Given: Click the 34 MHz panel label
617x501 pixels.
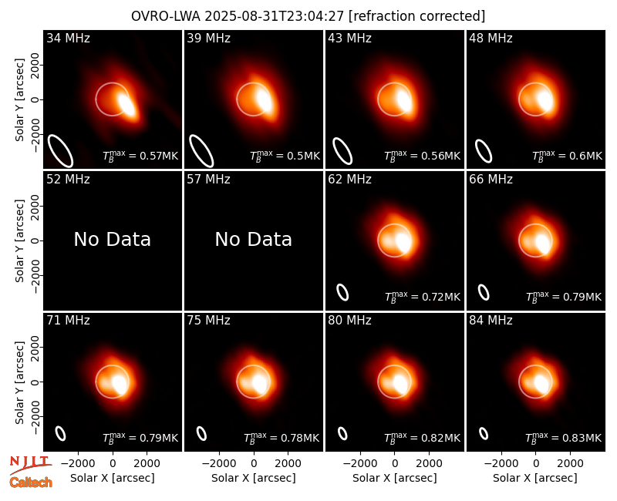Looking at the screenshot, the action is (x=68, y=38).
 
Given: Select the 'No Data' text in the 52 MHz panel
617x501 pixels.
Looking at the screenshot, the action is (x=113, y=239).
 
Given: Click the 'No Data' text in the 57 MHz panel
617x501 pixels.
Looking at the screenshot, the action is (x=254, y=239).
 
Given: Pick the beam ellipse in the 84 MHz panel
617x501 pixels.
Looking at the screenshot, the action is (x=484, y=433).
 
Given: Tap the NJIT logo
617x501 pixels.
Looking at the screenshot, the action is (x=30, y=465).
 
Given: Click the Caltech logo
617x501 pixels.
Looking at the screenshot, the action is (x=31, y=483).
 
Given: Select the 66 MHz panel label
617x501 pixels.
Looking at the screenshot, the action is (x=491, y=180).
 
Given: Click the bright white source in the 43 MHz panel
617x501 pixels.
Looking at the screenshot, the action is (x=405, y=101).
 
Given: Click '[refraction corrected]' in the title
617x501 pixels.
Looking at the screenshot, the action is (x=417, y=16).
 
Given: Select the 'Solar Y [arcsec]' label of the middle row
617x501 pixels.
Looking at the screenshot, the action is (x=19, y=240).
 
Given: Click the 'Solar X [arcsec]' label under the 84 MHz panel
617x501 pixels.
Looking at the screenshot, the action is (x=535, y=478).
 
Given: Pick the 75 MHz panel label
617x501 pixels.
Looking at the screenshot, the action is (x=208, y=321).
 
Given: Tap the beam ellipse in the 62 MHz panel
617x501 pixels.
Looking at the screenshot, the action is (x=342, y=293).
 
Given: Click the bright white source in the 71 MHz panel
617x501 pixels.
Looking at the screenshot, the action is (x=120, y=384).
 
